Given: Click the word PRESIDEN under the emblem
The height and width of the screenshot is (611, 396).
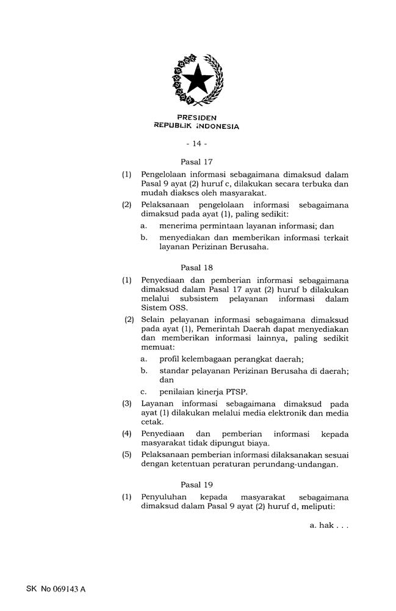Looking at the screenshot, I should click(196, 117).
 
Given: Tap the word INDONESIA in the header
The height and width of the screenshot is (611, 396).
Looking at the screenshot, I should click(216, 127).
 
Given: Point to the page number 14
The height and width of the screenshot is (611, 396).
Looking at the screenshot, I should click(196, 144).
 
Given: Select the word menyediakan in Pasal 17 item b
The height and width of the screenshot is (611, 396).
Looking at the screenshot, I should click(185, 238).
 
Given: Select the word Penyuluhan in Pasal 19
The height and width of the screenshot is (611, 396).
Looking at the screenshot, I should click(164, 497).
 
